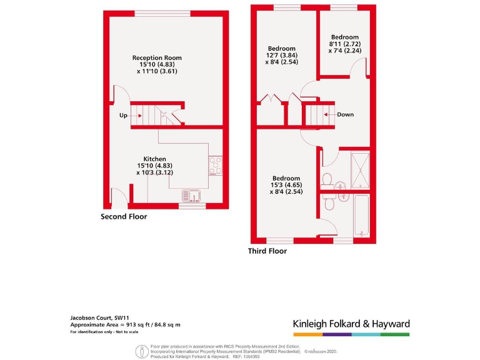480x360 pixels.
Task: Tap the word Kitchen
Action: coord(154,159)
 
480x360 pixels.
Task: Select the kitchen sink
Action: coord(192,196)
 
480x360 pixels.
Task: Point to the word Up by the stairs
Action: coord(123,115)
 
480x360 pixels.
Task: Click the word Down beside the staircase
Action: coord(345,114)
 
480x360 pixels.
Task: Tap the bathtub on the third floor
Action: coord(361,216)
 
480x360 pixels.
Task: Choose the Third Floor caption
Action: coord(267,251)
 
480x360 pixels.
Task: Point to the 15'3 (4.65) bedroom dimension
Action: coord(285,185)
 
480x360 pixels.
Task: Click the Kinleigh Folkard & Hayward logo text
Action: coord(351,324)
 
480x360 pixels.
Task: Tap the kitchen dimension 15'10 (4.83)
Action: coord(154,166)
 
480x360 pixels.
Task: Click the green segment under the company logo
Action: coord(395,334)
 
